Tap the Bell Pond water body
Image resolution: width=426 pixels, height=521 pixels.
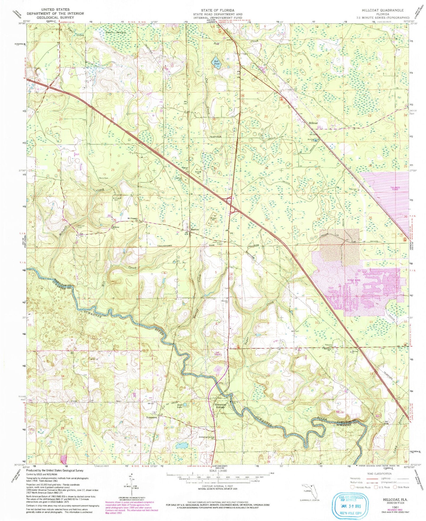coord(216,62)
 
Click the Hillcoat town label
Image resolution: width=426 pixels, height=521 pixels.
coord(313,123)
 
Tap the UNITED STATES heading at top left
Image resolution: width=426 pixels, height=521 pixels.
coord(55,10)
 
